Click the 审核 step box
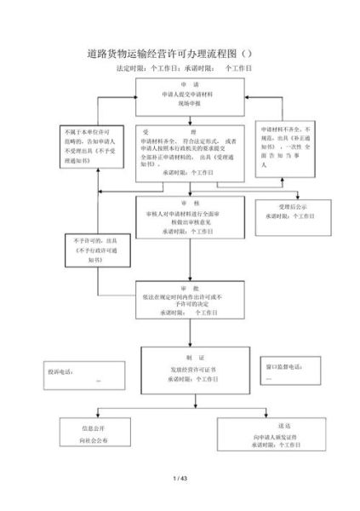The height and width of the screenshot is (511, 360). coord(190,216)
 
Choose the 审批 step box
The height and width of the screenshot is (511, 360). coord(190,300)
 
